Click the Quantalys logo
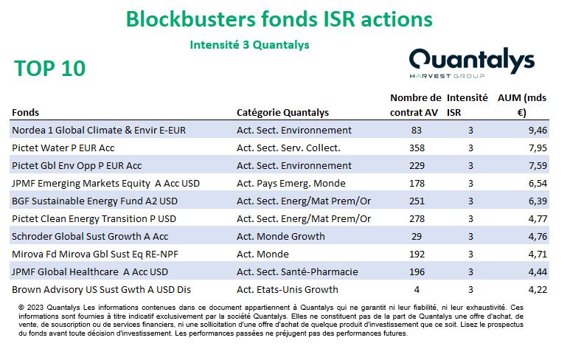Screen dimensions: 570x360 tap(472, 63)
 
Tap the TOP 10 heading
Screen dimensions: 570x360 tap(50, 68)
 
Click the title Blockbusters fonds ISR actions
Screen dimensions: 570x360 tap(279, 19)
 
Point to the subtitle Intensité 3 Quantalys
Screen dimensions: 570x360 tap(249, 45)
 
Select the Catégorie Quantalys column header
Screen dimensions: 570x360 tap(282, 112)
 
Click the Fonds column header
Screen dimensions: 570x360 tap(26, 112)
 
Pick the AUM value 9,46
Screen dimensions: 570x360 tap(538, 130)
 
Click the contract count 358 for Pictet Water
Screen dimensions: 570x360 tap(417, 148)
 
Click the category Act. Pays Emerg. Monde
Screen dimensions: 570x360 tap(291, 183)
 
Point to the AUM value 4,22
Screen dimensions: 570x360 tap(538, 289)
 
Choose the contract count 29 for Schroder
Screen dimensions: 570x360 tap(417, 236)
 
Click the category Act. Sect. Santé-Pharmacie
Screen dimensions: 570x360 tap(297, 271)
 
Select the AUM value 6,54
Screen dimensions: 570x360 tap(538, 183)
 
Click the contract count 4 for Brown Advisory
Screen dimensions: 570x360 tap(417, 289)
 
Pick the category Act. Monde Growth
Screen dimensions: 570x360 tap(281, 236)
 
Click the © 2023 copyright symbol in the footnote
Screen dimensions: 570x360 tap(21, 308)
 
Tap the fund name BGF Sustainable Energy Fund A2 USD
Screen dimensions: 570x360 tap(94, 201)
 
